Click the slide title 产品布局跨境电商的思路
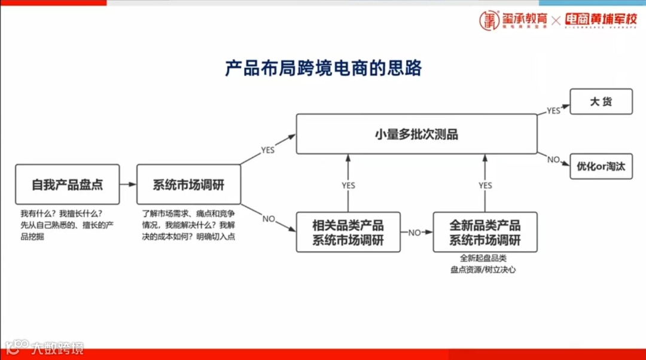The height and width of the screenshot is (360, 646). tap(323, 68)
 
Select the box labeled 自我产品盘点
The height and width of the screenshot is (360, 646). tap(68, 185)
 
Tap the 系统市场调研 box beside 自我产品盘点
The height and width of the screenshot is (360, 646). tap(188, 185)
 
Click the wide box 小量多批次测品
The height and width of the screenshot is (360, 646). tap(416, 134)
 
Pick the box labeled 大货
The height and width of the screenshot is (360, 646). tap(601, 102)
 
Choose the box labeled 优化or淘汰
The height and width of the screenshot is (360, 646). tap(601, 166)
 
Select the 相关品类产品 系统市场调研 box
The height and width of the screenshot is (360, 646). tap(348, 233)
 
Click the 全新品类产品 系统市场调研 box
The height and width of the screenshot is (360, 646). tap(484, 233)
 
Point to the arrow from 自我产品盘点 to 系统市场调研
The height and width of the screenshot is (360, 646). tap(128, 185)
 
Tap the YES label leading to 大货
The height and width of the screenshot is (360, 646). tap(553, 111)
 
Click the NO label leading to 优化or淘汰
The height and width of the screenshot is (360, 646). tap(553, 160)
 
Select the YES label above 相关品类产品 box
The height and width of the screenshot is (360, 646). tap(348, 185)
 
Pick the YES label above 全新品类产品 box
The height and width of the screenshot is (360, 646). tap(485, 185)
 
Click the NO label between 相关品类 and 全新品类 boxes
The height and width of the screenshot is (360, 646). tap(415, 233)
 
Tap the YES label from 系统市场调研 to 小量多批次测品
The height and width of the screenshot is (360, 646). tap(267, 150)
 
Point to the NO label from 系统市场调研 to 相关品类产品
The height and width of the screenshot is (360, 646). tap(269, 219)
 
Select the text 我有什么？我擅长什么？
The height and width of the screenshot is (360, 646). tap(62, 214)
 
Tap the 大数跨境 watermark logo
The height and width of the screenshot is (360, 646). tap(45, 347)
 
